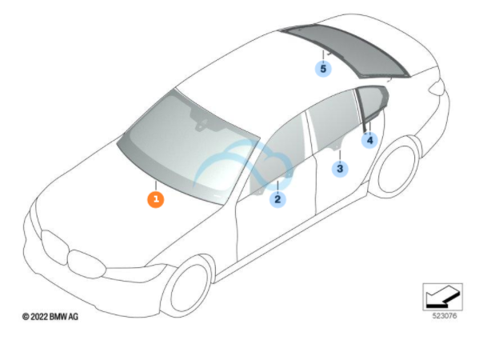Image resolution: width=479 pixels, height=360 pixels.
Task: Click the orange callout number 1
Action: [156, 199]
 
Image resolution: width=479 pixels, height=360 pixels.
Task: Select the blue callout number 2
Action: [277, 199]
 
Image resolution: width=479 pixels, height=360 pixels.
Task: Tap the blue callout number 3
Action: [340, 168]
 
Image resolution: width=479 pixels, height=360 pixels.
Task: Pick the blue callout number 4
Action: [369, 140]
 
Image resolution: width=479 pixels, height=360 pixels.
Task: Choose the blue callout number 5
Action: [323, 69]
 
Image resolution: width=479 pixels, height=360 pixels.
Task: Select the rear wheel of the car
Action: [397, 167]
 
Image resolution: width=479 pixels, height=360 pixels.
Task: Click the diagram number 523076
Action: [445, 316]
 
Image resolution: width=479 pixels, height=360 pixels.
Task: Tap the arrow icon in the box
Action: [443, 297]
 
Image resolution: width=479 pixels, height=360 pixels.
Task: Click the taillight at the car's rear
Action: [437, 86]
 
